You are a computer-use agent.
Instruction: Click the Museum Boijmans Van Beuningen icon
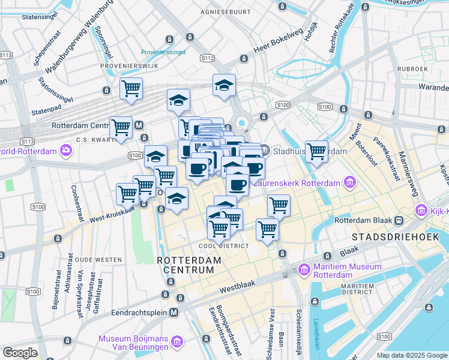[x=176, y=342]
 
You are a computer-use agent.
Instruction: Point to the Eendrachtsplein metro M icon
[x=174, y=313]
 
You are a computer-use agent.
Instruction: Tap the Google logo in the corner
[x=20, y=353]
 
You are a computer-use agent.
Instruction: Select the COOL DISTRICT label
[x=224, y=246]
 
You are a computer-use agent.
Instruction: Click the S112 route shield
[x=207, y=58]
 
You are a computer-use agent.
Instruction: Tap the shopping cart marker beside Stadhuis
[x=316, y=150]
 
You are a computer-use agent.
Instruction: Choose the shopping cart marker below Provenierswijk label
[x=130, y=88]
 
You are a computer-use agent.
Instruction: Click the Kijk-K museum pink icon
[x=420, y=211]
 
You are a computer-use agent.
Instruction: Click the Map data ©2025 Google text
[x=412, y=355]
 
